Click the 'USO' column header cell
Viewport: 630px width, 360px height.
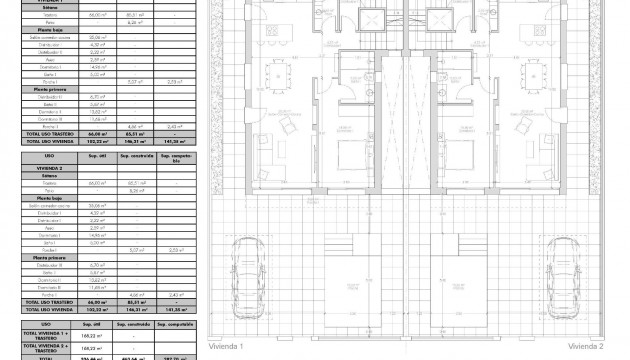pyautogui.click(x=49, y=157)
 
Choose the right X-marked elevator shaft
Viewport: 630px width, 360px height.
pyautogui.click(x=437, y=21)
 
